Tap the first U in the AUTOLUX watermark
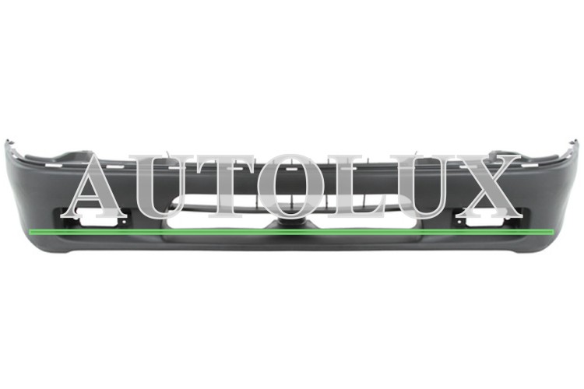[x=163, y=186]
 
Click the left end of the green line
[x=30, y=233]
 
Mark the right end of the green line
[x=554, y=233]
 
